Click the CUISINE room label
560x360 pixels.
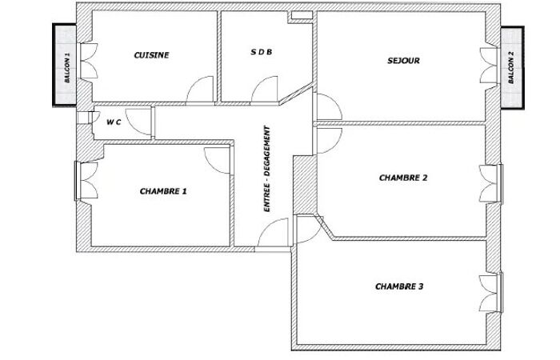(x=151, y=55)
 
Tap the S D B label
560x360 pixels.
(x=261, y=52)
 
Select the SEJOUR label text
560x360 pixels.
(x=403, y=61)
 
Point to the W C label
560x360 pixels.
(x=114, y=122)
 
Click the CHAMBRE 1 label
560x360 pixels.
(x=163, y=191)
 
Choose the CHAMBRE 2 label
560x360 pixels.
(x=403, y=178)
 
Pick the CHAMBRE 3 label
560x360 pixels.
(x=399, y=286)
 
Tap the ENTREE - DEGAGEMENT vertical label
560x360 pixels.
(x=266, y=169)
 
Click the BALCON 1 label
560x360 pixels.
(x=67, y=68)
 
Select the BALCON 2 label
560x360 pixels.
(x=511, y=67)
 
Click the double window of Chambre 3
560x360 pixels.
(x=491, y=293)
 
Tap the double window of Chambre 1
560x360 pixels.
(x=86, y=180)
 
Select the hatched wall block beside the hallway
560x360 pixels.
(x=305, y=185)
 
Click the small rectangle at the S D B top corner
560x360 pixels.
(x=302, y=15)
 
